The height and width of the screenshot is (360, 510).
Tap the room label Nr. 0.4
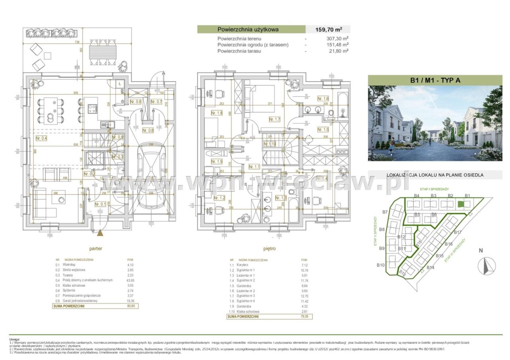click(41, 138)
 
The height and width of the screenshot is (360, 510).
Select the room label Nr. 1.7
click(275, 119)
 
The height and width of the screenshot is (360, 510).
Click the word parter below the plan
click(96, 248)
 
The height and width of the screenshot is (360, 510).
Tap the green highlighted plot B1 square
click(461, 204)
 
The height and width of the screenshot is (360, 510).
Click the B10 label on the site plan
click(381, 265)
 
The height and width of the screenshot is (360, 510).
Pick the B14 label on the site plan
click(430, 267)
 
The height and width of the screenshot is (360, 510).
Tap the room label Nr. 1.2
click(219, 198)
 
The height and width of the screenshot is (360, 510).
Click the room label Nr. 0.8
click(148, 130)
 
